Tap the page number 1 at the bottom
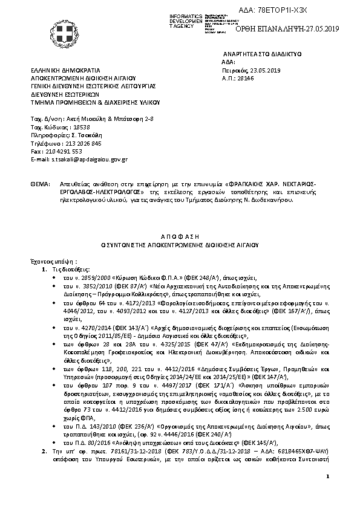(x=326, y=494)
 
